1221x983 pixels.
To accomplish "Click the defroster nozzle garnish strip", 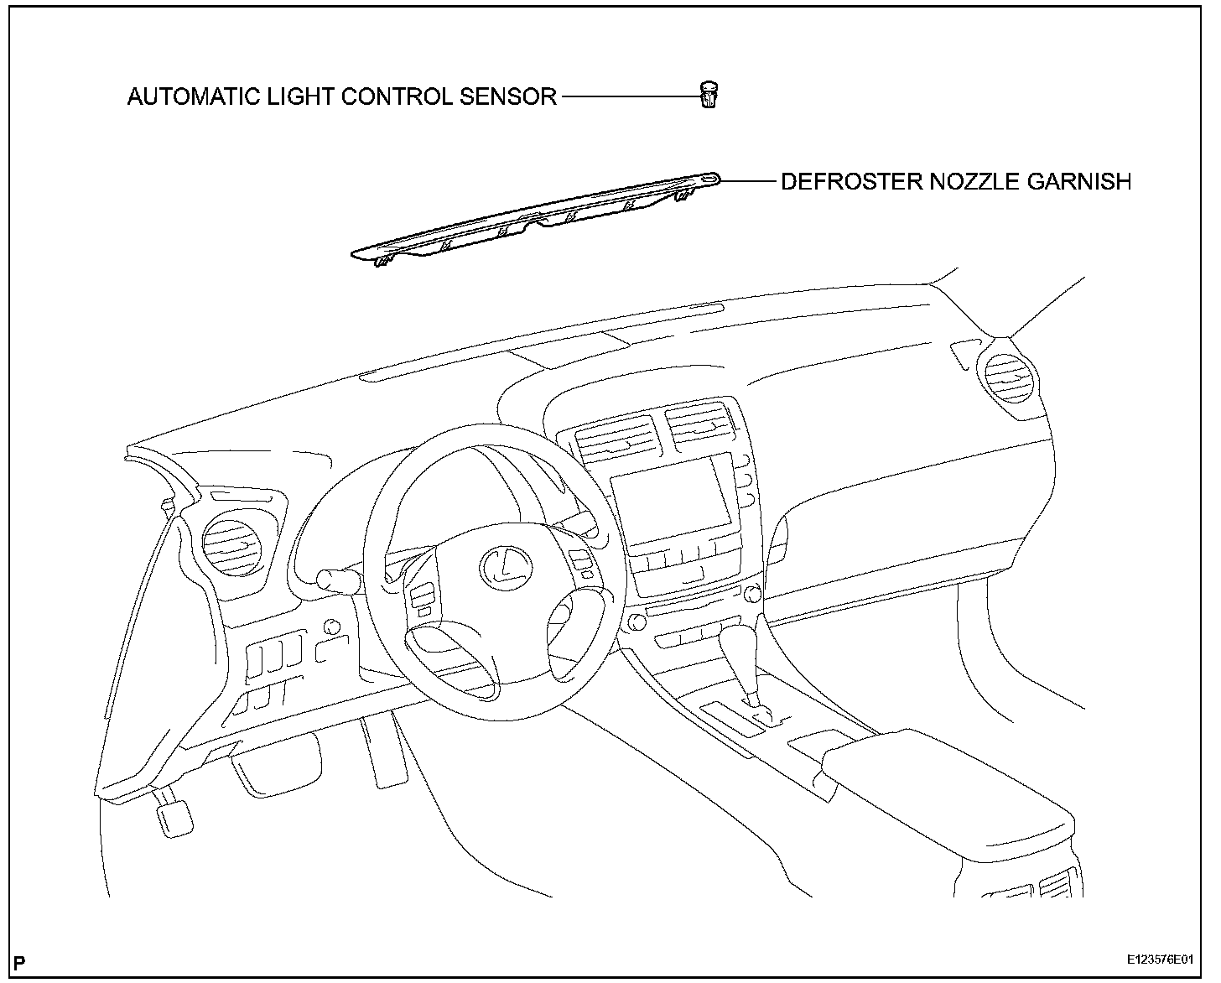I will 537,220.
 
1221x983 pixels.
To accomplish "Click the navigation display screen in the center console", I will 671,502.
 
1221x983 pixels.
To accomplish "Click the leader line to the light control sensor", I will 629,96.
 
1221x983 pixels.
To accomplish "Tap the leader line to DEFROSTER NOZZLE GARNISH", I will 748,180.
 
